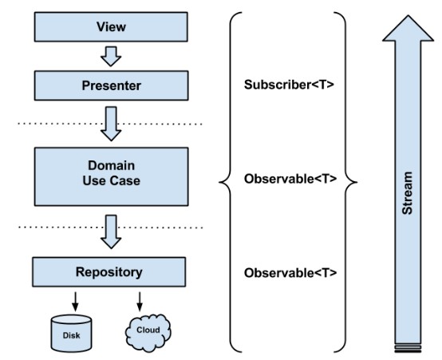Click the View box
click(111, 27)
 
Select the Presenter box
click(112, 85)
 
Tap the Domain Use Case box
click(112, 176)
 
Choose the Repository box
click(109, 272)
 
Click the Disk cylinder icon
click(71, 334)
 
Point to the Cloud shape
click(148, 333)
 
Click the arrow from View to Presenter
click(111, 57)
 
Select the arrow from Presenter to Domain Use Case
click(111, 124)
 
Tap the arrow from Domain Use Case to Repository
click(111, 231)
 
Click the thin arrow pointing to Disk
click(75, 302)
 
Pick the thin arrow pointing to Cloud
click(140, 302)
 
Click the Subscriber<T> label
click(289, 85)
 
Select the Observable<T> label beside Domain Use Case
click(290, 179)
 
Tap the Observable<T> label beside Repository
click(290, 273)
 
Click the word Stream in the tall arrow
click(408, 193)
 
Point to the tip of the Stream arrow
click(408, 15)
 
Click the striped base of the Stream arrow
click(408, 348)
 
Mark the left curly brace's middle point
click(219, 182)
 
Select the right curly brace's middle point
click(357, 182)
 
